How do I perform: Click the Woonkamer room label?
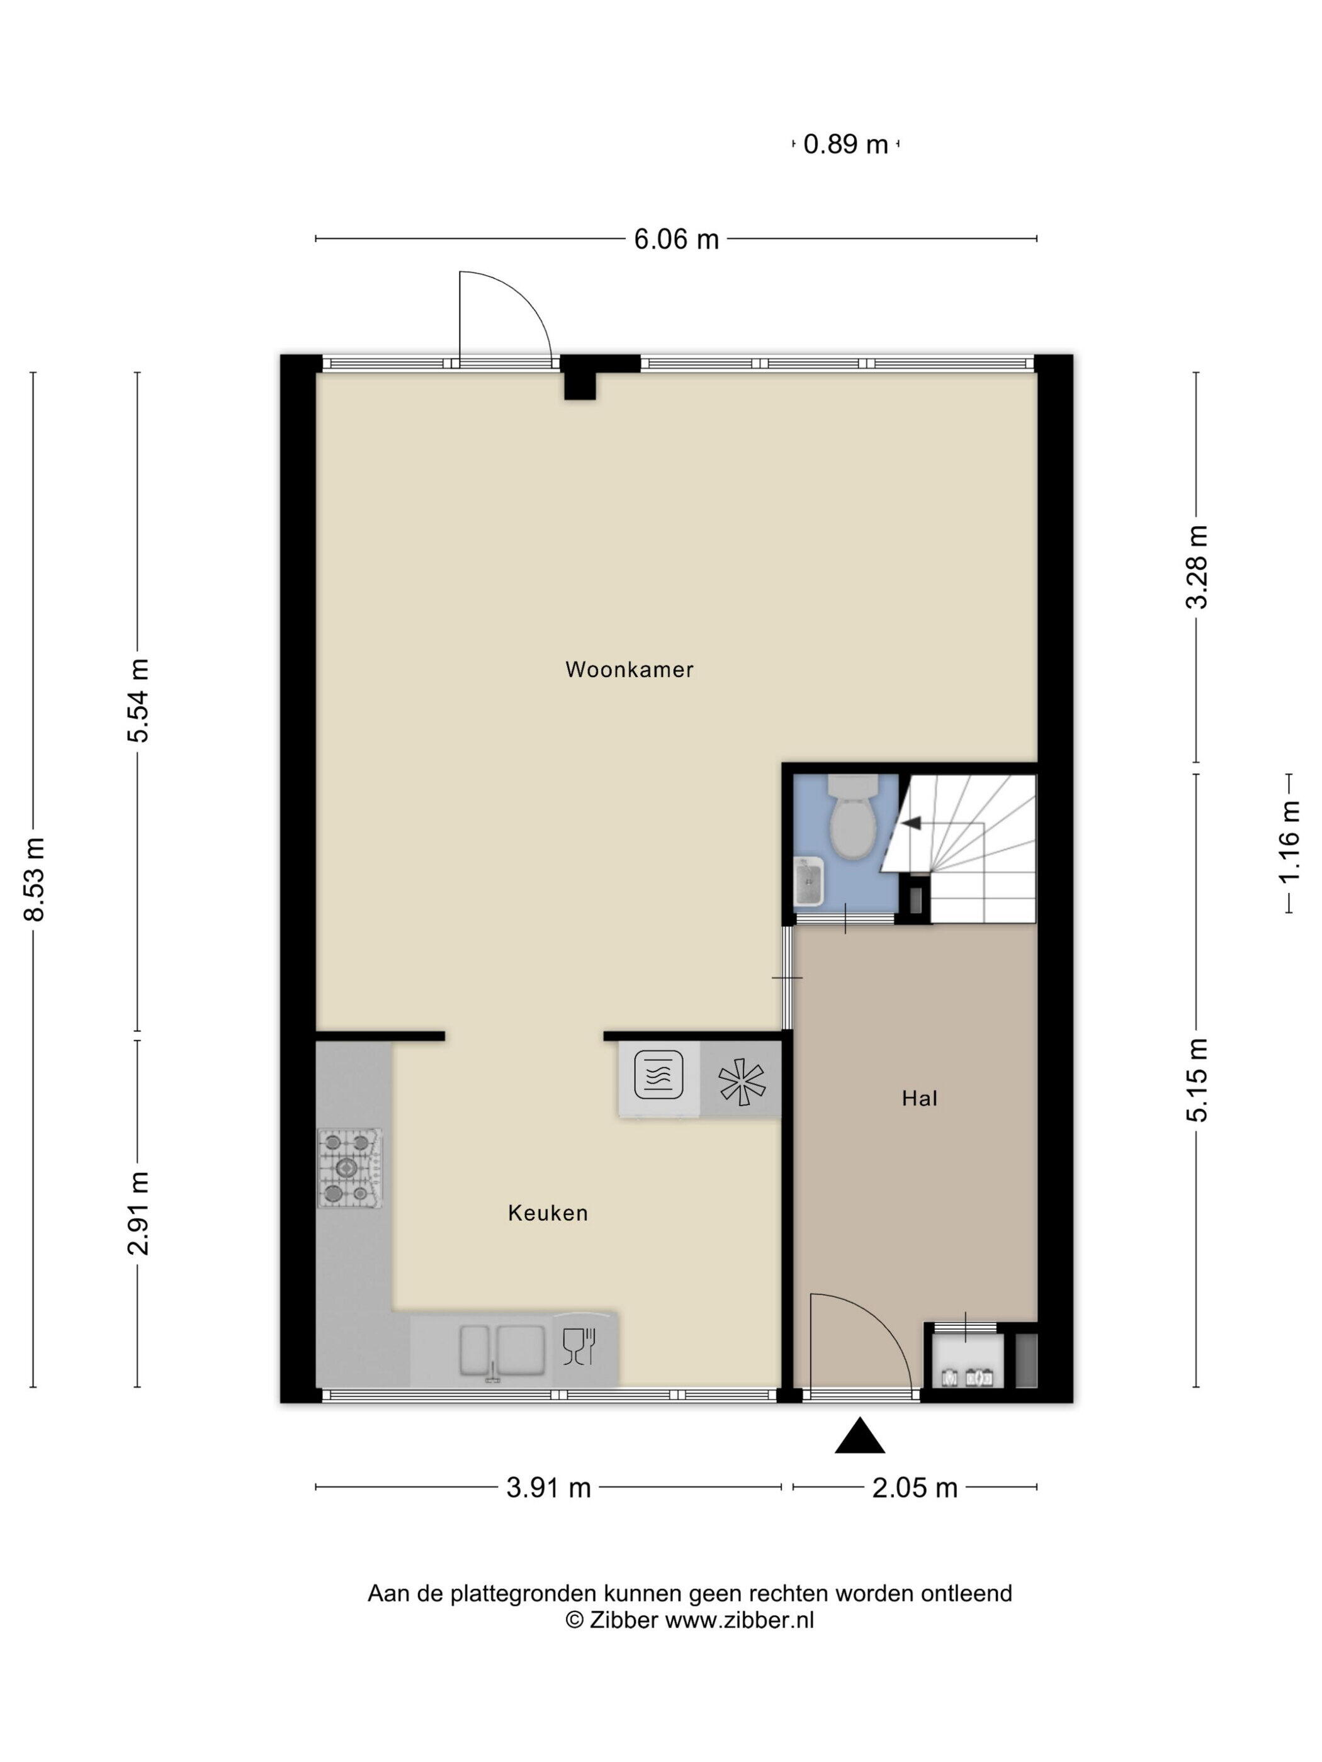click(629, 669)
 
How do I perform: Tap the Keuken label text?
click(548, 1213)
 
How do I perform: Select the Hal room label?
click(920, 1099)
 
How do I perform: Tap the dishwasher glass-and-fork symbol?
click(579, 1347)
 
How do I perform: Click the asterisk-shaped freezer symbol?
click(741, 1082)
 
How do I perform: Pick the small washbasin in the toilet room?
click(810, 881)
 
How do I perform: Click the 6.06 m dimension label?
click(677, 239)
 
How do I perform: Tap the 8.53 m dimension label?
click(34, 879)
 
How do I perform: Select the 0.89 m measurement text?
click(845, 145)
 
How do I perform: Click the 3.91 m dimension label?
click(549, 1487)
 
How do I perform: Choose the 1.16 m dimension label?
click(1289, 841)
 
